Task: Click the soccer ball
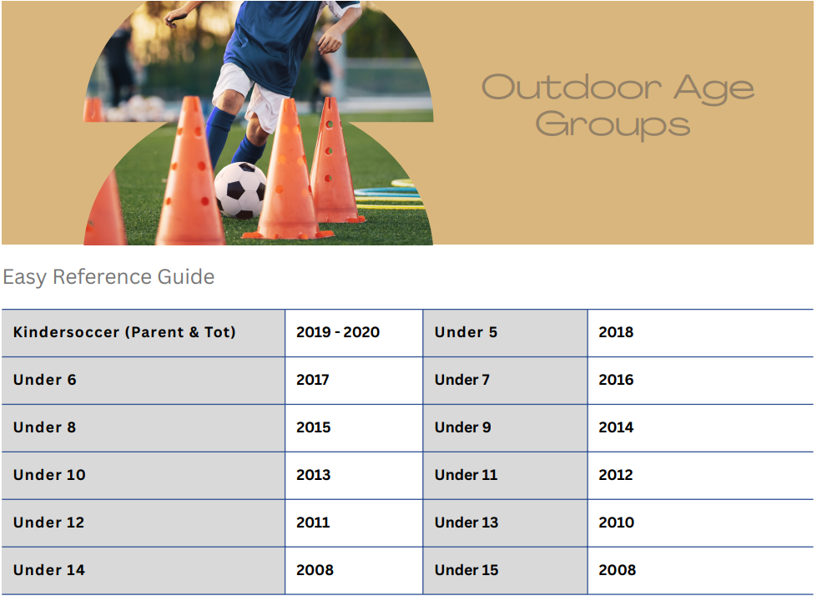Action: [240, 190]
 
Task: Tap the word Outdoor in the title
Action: [572, 87]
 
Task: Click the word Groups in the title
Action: [613, 125]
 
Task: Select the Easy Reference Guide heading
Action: [108, 276]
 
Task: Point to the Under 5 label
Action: [466, 332]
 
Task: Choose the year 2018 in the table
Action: [616, 332]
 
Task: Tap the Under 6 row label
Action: [45, 380]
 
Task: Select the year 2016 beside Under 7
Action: [616, 380]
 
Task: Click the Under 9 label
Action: [462, 427]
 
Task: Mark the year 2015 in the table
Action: [313, 427]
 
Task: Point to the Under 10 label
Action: [49, 475]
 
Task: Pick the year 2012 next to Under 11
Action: [615, 475]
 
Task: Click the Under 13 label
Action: [466, 522]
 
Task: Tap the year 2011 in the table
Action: [313, 522]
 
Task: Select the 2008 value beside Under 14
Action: [315, 570]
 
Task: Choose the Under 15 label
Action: [466, 570]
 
